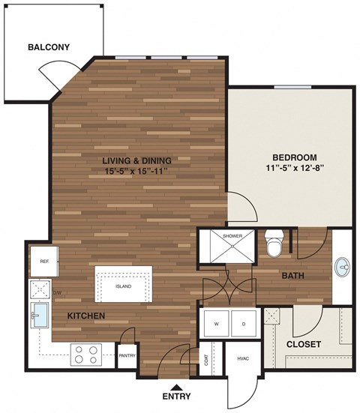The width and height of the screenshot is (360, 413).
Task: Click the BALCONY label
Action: pos(49,47)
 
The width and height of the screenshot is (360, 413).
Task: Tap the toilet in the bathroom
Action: pos(274,243)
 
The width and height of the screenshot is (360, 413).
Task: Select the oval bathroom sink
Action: pos(343,265)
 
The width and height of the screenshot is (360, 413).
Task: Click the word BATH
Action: pos(292,276)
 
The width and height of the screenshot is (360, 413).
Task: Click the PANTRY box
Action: pos(126,356)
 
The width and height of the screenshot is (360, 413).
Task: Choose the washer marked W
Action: pos(217,324)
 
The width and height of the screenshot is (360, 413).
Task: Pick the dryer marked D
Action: pos(243,324)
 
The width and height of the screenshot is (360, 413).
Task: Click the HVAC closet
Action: pos(241,359)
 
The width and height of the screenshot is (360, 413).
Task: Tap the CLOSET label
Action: pos(304,345)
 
